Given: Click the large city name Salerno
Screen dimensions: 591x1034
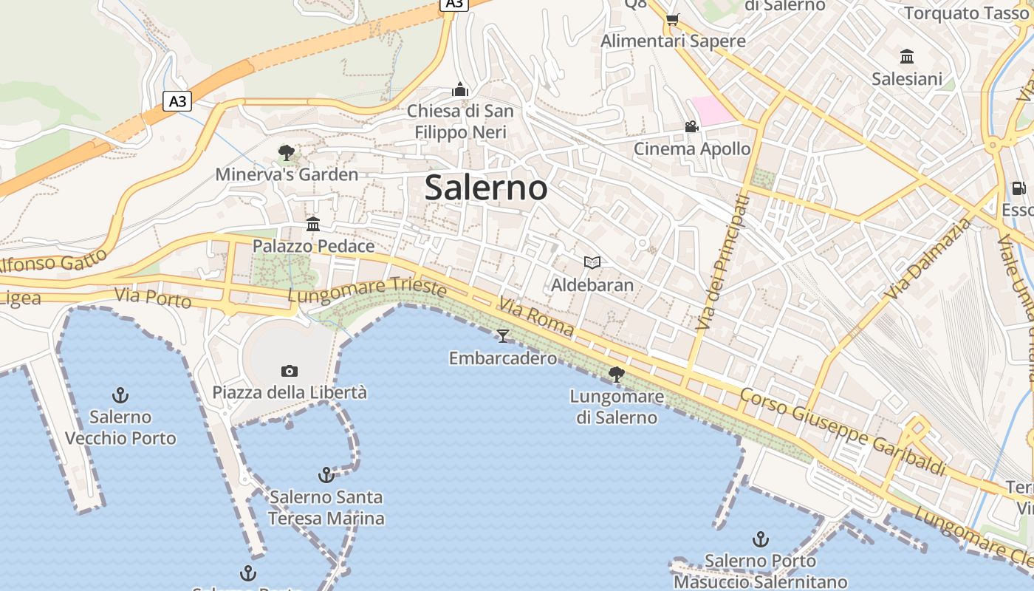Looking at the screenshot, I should tap(486, 188).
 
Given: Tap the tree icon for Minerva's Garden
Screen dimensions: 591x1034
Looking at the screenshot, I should tap(287, 153).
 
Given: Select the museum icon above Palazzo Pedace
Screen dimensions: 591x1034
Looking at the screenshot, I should tap(313, 224).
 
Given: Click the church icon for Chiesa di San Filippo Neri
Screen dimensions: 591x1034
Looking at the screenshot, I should tap(460, 89).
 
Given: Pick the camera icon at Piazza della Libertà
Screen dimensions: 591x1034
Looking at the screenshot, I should tap(290, 371).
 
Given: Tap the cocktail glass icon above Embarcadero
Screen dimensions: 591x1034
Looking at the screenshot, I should tap(503, 336).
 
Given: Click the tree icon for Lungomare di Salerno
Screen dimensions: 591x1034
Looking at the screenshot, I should tap(616, 375).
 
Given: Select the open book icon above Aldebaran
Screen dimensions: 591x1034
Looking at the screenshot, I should tap(592, 262).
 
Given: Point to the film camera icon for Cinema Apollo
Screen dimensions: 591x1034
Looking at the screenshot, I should tap(691, 126).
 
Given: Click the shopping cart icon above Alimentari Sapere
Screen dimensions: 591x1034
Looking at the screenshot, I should tap(672, 19).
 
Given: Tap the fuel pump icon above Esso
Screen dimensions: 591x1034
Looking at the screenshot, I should tap(1018, 188).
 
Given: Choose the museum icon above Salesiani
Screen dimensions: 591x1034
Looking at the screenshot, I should tap(907, 56).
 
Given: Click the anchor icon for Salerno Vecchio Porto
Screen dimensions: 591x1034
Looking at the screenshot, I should tap(120, 395).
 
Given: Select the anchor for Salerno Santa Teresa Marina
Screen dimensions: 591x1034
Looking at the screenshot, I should tap(326, 474).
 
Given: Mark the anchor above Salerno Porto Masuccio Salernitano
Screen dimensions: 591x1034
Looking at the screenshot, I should tap(760, 539).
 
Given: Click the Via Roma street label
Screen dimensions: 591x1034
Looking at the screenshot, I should tap(536, 316).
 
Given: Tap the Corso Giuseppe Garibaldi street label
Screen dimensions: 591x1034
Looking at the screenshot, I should tap(843, 432).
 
